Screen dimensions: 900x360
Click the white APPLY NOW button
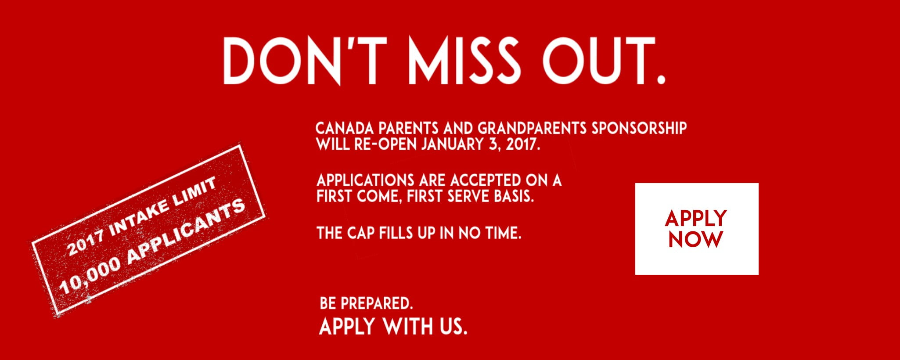click(x=697, y=229)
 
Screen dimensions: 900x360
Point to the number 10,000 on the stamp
click(x=90, y=275)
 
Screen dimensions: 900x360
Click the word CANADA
click(x=345, y=128)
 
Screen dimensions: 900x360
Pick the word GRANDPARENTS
click(x=532, y=128)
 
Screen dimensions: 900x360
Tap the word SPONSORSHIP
click(x=639, y=128)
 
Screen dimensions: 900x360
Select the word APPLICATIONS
click(x=365, y=180)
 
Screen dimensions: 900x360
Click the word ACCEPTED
click(x=486, y=180)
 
